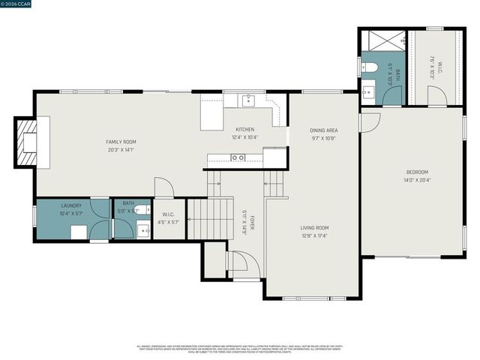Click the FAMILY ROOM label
tap(121, 142)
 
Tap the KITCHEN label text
tap(245, 129)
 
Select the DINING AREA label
tap(324, 130)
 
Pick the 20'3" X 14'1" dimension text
tap(121, 149)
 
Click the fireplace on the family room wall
tap(28, 142)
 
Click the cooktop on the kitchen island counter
tap(237, 157)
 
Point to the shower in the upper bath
tap(383, 40)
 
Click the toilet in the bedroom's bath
tap(370, 68)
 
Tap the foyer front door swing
tap(241, 262)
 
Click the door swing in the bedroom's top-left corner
tap(369, 122)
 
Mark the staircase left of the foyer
tap(209, 218)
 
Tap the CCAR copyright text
tap(16, 4)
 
